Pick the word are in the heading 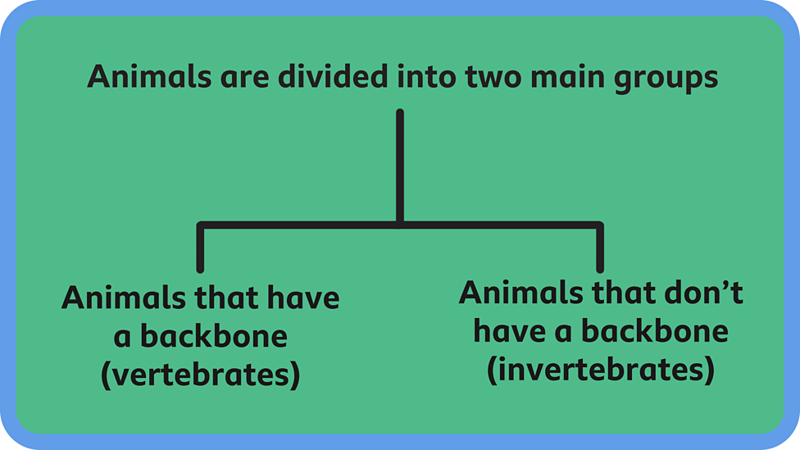[x=246, y=78]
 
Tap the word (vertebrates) [x=200, y=375]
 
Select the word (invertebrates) [x=601, y=370]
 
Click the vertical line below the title [x=400, y=164]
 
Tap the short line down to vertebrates [x=200, y=248]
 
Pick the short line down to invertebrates [x=600, y=248]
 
